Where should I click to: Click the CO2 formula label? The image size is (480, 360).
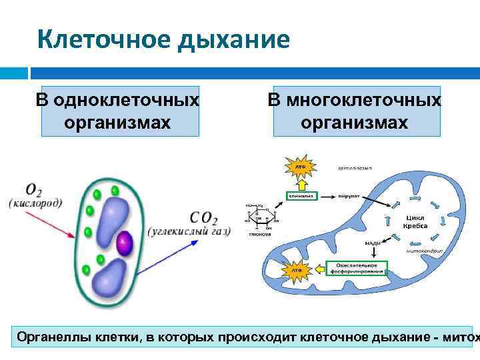(x=203, y=217)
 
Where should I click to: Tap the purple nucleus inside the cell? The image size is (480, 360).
(x=123, y=245)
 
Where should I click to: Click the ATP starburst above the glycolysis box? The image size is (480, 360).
(x=297, y=165)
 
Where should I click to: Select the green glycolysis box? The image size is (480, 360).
(x=302, y=196)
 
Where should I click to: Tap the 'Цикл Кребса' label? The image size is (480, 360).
(x=415, y=222)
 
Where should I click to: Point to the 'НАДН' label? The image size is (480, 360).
(x=372, y=244)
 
